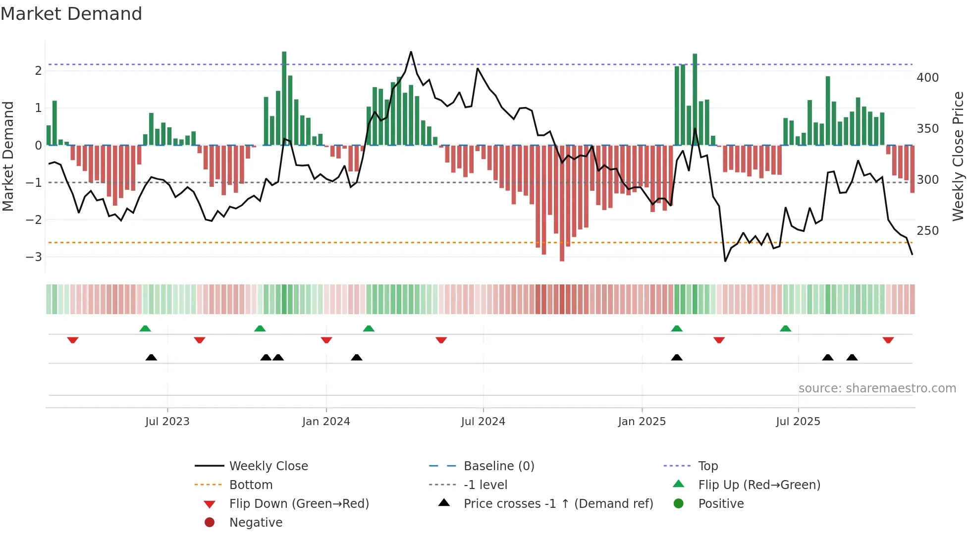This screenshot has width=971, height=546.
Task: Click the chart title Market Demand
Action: pyautogui.click(x=71, y=14)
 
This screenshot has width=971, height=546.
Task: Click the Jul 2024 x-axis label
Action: pyautogui.click(x=483, y=422)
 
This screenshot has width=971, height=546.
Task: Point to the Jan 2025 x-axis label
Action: pyautogui.click(x=642, y=422)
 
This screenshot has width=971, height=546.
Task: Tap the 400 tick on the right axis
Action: pyautogui.click(x=927, y=78)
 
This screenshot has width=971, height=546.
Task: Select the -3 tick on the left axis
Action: pyautogui.click(x=34, y=257)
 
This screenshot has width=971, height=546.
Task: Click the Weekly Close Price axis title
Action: pyautogui.click(x=958, y=156)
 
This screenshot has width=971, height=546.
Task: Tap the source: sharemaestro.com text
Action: pyautogui.click(x=877, y=388)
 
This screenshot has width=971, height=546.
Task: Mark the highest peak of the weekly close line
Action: pyautogui.click(x=411, y=52)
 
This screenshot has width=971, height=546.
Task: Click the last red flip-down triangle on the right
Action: pyautogui.click(x=888, y=340)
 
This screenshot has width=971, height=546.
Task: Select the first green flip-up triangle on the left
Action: pyautogui.click(x=145, y=328)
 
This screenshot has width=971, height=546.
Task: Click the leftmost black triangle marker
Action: pyautogui.click(x=151, y=357)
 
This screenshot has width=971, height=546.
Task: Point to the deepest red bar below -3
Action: pyautogui.click(x=562, y=203)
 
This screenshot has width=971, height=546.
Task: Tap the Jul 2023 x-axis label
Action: pyautogui.click(x=167, y=422)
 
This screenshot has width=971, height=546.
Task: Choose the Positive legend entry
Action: pyautogui.click(x=721, y=504)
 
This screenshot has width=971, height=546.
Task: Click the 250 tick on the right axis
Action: pyautogui.click(x=927, y=231)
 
